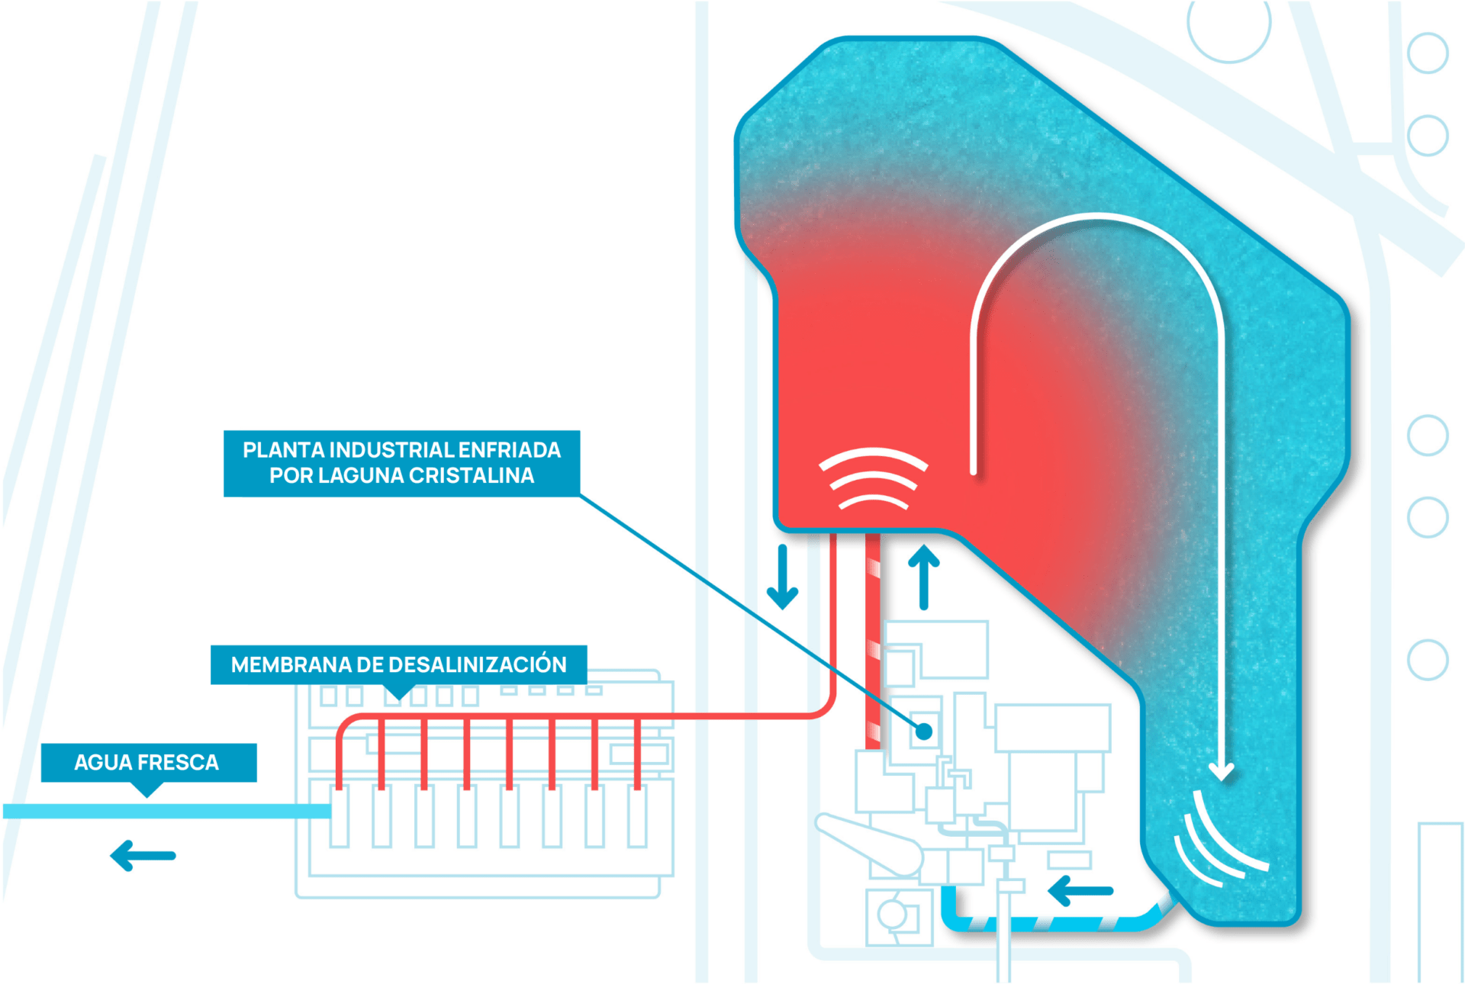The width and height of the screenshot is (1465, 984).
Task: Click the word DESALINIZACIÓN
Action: click(x=478, y=664)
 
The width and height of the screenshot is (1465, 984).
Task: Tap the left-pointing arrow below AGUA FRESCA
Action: click(x=143, y=855)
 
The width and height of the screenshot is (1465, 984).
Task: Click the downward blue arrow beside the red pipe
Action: click(x=782, y=577)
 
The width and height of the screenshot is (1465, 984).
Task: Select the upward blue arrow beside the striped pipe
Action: click(x=924, y=577)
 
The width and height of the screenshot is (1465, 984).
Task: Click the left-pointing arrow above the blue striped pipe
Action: click(x=1080, y=890)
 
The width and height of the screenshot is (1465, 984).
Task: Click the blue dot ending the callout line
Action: click(x=924, y=732)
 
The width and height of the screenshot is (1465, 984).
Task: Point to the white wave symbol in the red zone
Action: click(x=873, y=478)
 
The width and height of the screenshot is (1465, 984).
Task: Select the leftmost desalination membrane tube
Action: click(x=340, y=817)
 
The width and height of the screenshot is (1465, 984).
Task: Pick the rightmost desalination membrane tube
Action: click(x=637, y=817)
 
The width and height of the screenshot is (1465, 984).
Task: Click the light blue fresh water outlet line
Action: click(x=167, y=811)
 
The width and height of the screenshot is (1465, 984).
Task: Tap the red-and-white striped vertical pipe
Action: click(x=873, y=641)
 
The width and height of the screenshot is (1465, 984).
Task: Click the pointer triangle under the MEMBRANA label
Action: click(x=397, y=692)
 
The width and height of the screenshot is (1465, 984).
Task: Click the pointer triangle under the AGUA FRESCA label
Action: click(x=147, y=789)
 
